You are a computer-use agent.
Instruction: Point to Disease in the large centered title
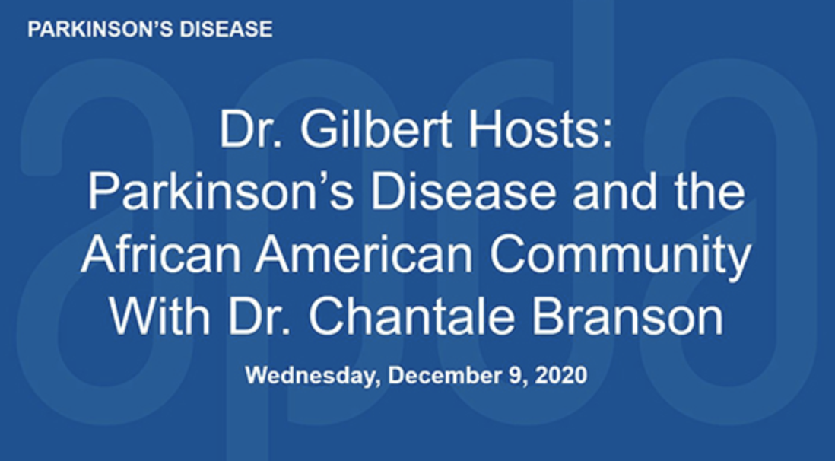[463, 192]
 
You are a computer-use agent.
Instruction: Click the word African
[160, 254]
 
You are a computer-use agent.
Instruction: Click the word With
[160, 316]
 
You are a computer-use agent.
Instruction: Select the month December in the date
[443, 375]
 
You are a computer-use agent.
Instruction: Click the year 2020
[560, 375]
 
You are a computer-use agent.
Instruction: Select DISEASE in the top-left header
[227, 30]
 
